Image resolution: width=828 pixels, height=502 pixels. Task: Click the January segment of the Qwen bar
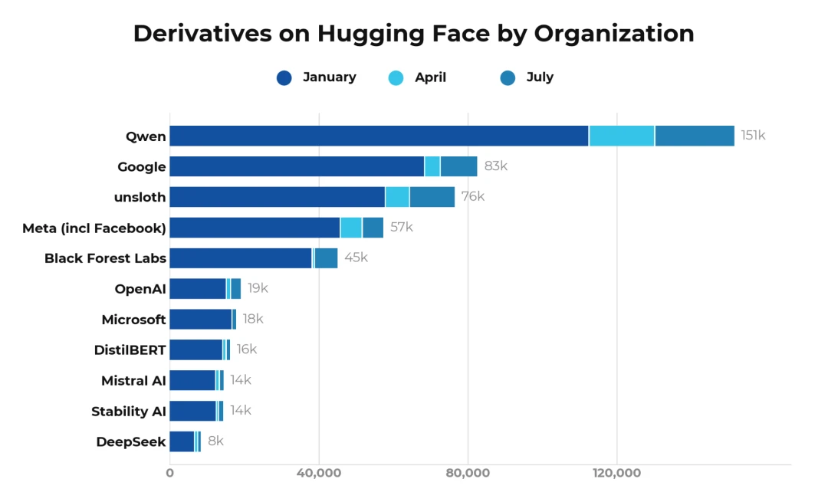[x=379, y=136]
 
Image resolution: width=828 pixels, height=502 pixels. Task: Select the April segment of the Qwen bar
[x=622, y=136]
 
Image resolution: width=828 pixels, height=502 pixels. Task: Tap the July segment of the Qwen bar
[x=695, y=136]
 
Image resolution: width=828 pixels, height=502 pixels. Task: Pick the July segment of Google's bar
[x=459, y=166]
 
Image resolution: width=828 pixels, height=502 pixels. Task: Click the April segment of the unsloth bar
[x=397, y=197]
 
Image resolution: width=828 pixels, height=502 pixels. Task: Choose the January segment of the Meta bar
[x=255, y=228]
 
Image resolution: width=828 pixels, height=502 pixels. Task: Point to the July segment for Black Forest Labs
[x=326, y=258]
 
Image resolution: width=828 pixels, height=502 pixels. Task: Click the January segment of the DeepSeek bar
[x=182, y=441]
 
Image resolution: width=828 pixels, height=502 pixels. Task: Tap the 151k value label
[x=753, y=136]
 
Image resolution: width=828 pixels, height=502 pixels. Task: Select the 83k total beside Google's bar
[x=496, y=166]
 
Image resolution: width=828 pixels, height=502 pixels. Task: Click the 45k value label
[x=356, y=258]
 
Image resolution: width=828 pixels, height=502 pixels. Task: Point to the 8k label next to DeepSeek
[x=215, y=441]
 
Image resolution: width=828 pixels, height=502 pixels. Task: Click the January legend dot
[x=284, y=78]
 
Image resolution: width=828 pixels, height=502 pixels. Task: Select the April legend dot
[x=396, y=78]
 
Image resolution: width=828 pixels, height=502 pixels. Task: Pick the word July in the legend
[x=540, y=77]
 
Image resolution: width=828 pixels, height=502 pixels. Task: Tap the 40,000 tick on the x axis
[x=319, y=473]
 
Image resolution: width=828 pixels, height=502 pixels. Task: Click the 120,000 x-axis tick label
[x=616, y=473]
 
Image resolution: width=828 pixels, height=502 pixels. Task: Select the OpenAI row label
[x=140, y=289]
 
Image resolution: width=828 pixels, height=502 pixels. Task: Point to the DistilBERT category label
[x=130, y=350]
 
